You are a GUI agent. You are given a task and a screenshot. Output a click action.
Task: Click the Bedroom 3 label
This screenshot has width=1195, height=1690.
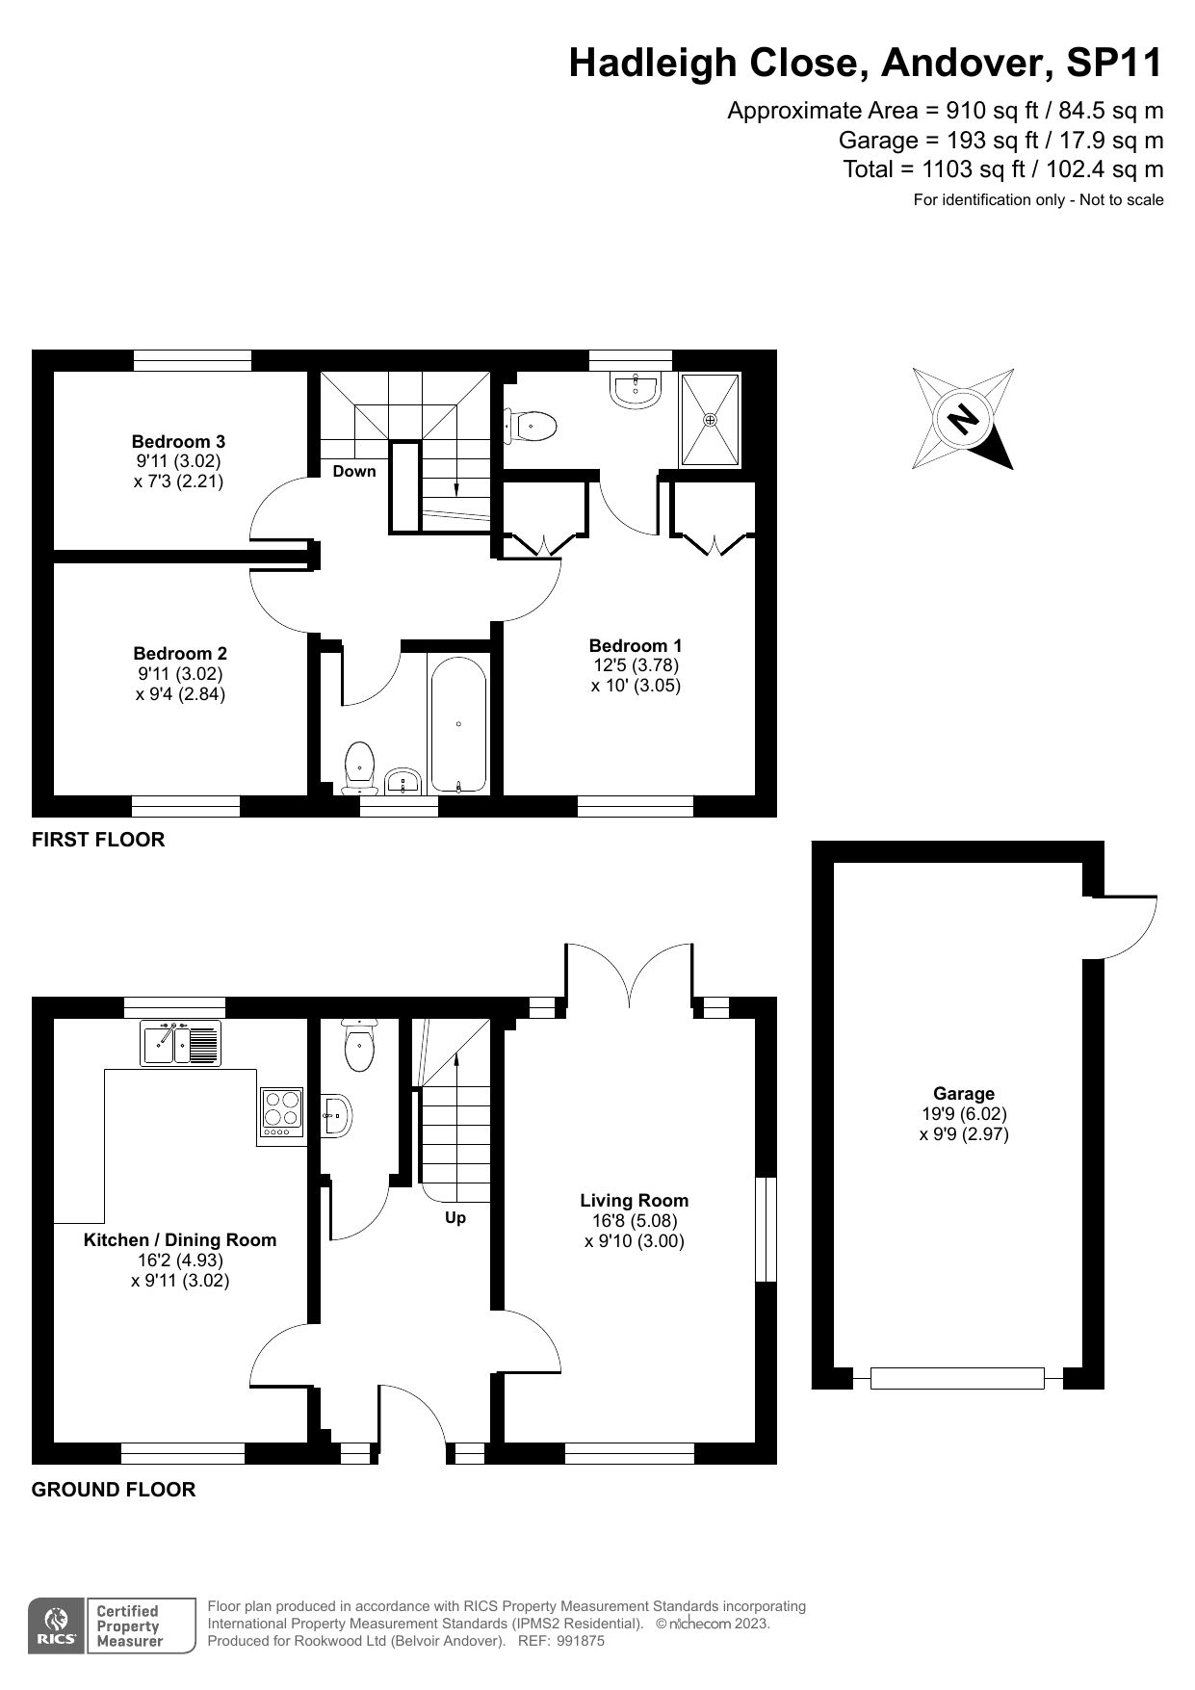[x=178, y=442]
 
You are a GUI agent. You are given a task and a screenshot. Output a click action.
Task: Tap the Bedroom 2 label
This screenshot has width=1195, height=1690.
[x=180, y=654]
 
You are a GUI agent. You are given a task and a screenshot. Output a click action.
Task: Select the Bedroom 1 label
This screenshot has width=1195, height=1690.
[x=636, y=645]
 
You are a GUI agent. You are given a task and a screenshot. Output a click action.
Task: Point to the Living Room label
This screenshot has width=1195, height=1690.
[x=634, y=1200]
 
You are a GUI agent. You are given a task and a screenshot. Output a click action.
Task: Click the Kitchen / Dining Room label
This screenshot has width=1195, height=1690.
[x=180, y=1240]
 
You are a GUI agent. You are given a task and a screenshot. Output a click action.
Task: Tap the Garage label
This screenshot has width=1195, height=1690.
[x=963, y=1093]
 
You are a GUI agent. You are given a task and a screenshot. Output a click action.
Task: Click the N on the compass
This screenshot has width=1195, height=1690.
[x=961, y=419]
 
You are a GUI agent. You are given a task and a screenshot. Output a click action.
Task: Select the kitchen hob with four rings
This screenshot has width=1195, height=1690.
[x=281, y=1110]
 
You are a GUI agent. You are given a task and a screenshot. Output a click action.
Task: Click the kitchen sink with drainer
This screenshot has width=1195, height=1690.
[x=182, y=1043]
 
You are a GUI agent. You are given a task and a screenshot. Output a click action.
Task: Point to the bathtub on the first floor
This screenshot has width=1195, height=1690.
[x=459, y=724]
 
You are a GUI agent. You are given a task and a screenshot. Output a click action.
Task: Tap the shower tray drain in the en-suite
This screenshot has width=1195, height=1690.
[x=711, y=420]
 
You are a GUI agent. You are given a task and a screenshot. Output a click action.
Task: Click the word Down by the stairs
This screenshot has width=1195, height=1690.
[x=354, y=471]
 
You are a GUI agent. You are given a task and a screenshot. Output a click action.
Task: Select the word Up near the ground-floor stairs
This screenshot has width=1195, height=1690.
[x=455, y=1217]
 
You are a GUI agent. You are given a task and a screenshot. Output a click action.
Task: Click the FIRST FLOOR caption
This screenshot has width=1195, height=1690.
[x=98, y=840]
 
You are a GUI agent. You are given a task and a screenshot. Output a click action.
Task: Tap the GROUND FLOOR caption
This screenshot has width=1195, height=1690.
[x=114, y=1490]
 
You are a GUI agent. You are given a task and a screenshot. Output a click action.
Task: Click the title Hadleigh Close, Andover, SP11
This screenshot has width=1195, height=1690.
[x=866, y=64]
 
